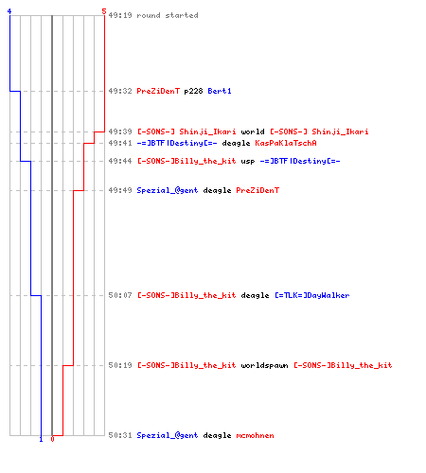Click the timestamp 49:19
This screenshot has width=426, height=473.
coord(120,15)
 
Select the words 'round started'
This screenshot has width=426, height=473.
coord(168,15)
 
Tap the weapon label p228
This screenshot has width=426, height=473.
coord(193,91)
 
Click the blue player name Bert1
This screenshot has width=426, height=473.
coord(220,91)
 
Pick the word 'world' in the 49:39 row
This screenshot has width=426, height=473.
coord(253,131)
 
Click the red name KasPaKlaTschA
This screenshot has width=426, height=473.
coord(286,143)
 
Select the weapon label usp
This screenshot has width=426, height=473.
coord(248,162)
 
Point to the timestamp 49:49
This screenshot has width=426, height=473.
coord(120,190)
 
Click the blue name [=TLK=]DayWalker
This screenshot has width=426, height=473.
coord(312,295)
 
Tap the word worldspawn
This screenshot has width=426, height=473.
coord(264,365)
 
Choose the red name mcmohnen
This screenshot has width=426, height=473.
coord(255,435)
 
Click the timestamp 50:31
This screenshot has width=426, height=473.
coord(120,435)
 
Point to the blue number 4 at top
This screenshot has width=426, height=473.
coord(9,11)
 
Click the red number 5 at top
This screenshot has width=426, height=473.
coord(104,11)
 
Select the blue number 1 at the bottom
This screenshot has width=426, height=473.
coord(41,439)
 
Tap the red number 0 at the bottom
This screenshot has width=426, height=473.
coord(52,439)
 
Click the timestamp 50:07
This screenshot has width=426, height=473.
coord(120,295)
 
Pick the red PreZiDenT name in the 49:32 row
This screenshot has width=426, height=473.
coord(158,91)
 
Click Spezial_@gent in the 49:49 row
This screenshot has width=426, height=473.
coord(168,190)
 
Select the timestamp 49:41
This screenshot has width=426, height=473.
coord(120,143)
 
